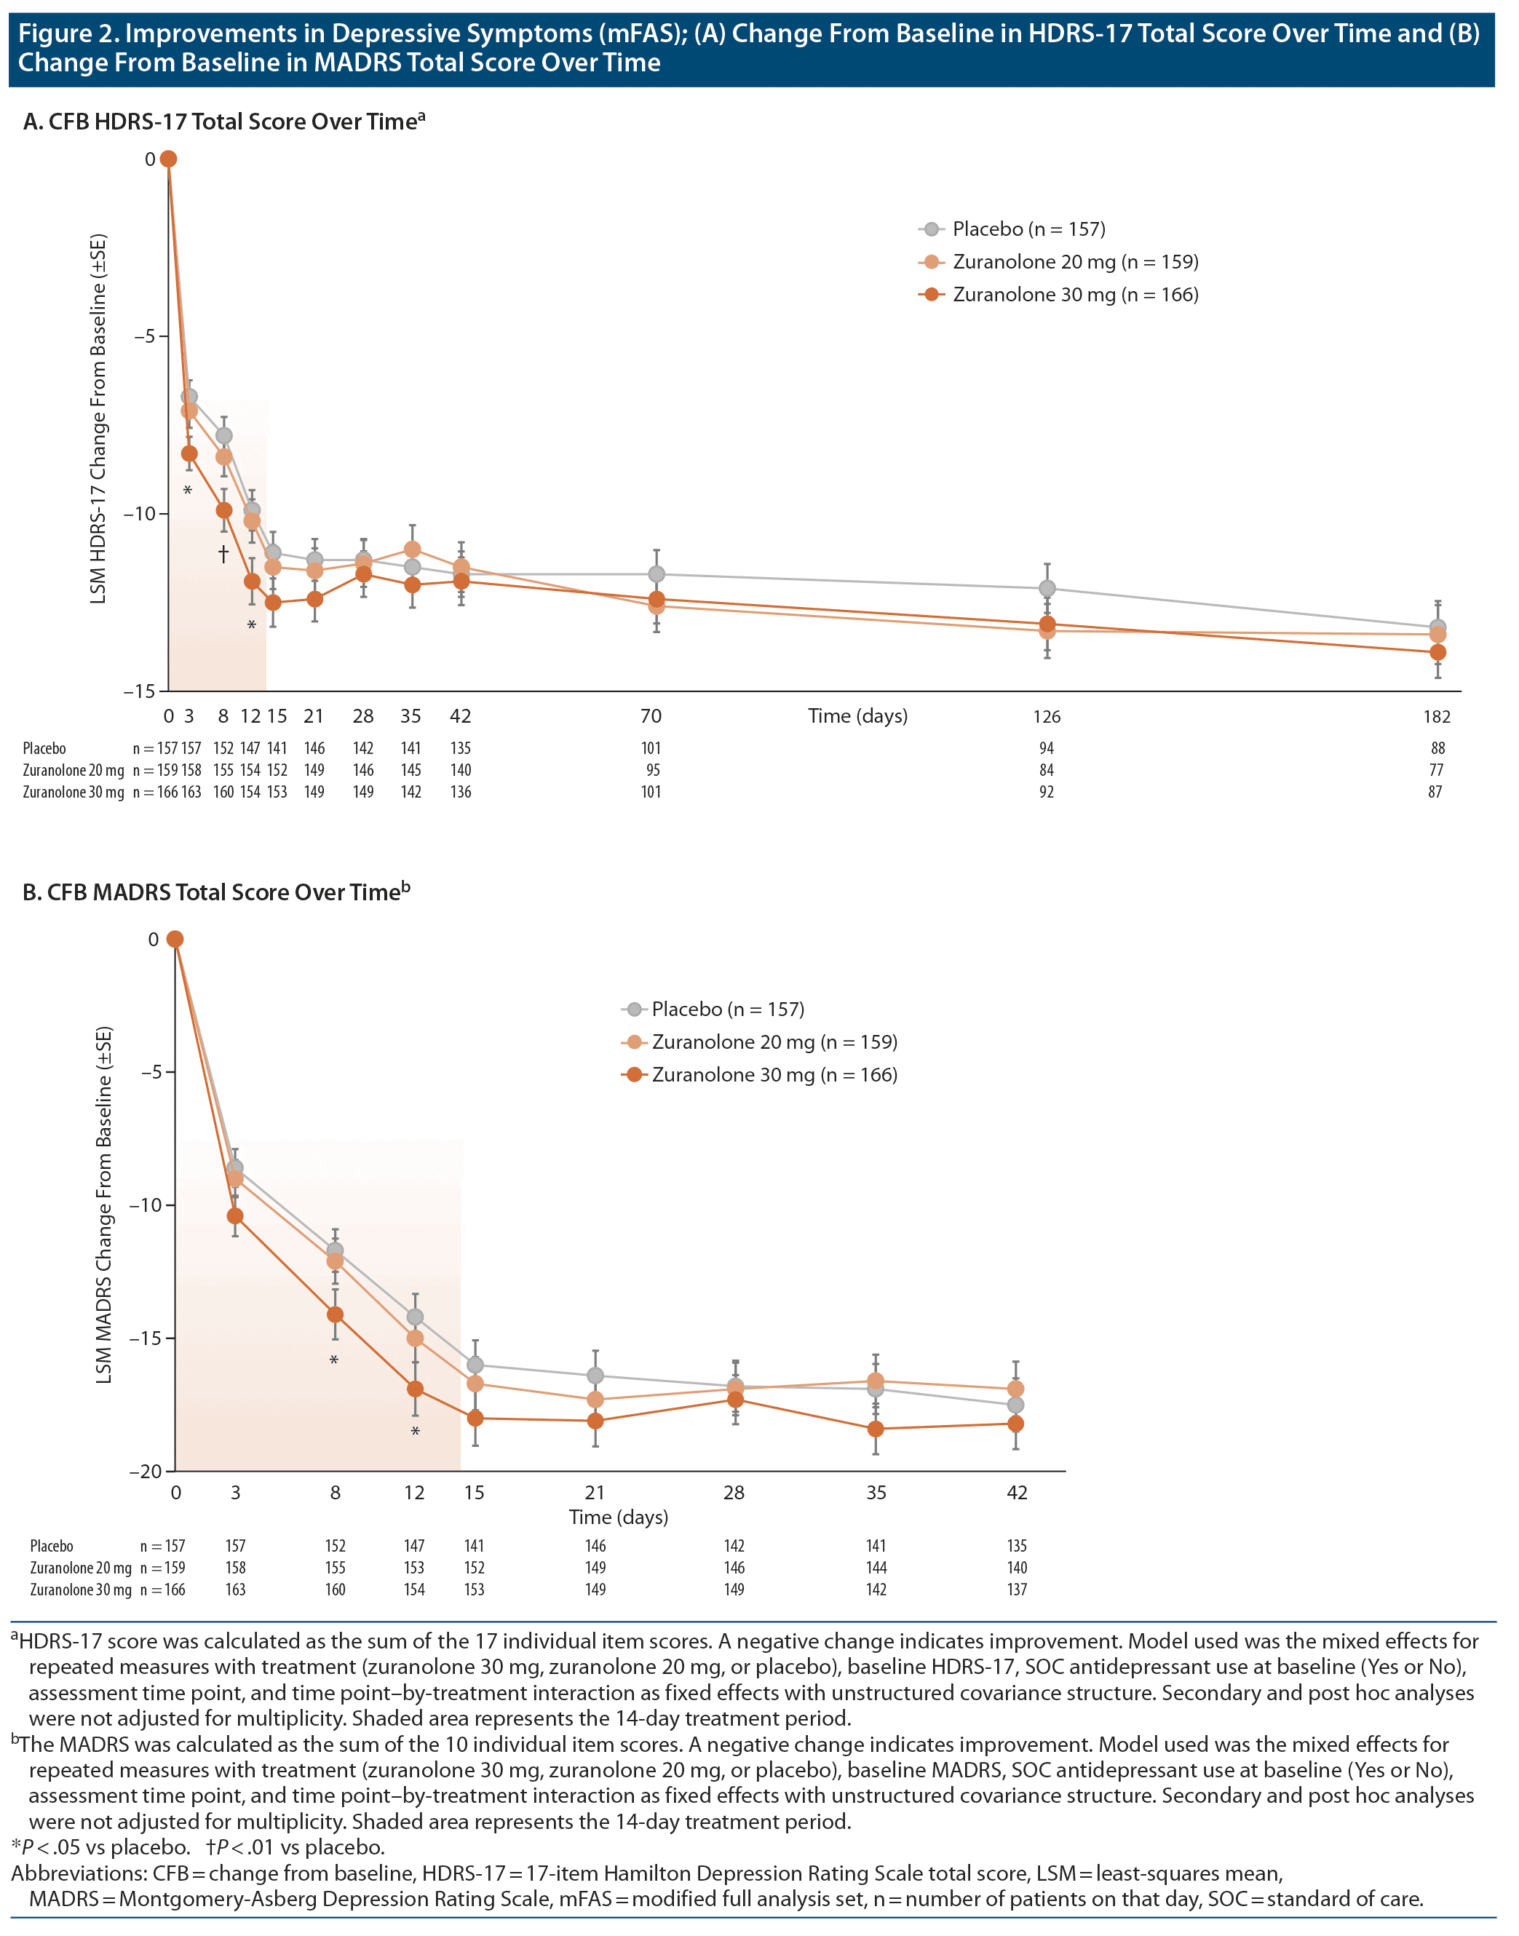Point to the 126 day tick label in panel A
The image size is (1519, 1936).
1047,716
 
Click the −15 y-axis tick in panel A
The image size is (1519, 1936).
139,691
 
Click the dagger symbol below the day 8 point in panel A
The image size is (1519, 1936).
223,554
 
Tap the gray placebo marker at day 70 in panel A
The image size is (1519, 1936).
657,574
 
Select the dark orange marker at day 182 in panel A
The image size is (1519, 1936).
1437,653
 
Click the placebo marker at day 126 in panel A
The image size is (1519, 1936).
1047,589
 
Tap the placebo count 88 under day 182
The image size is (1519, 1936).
1437,748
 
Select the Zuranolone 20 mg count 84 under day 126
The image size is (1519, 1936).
1047,770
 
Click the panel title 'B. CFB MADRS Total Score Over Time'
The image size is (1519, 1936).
215,892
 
